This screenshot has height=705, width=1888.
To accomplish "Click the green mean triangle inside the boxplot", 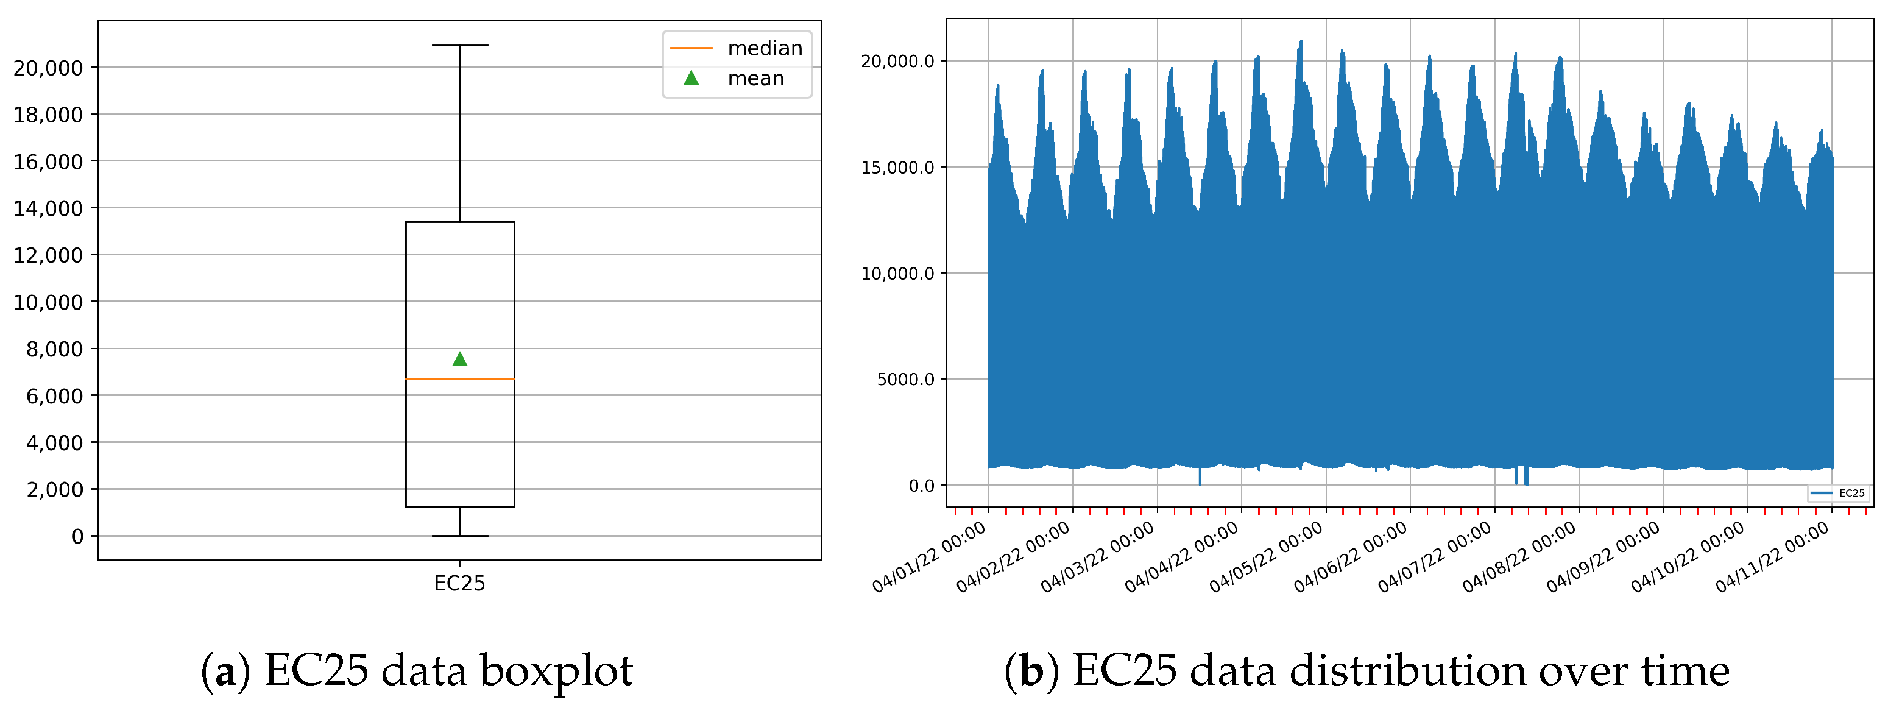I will (459, 359).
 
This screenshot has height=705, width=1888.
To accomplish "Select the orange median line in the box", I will (459, 379).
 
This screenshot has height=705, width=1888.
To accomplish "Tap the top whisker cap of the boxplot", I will (459, 46).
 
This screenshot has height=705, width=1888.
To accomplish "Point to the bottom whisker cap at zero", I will (459, 536).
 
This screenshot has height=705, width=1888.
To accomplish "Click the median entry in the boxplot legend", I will (736, 48).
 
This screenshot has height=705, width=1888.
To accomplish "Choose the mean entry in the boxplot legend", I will (736, 79).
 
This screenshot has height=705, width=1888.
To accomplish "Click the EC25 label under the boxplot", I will (459, 583).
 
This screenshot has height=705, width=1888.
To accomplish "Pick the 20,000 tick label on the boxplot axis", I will (48, 68).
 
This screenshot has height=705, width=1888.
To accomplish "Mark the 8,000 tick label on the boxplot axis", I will (54, 350).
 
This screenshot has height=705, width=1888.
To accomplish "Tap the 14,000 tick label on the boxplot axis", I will (48, 209).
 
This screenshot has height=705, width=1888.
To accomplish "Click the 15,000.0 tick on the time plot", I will (897, 168).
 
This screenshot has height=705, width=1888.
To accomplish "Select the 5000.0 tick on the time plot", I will (905, 380).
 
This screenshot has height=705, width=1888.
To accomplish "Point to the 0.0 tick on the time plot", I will (921, 486).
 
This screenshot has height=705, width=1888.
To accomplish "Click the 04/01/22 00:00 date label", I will (928, 558).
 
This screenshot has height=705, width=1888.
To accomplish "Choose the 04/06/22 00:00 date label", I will (1350, 558).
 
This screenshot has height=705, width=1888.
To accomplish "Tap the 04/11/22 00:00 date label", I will (1772, 558).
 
